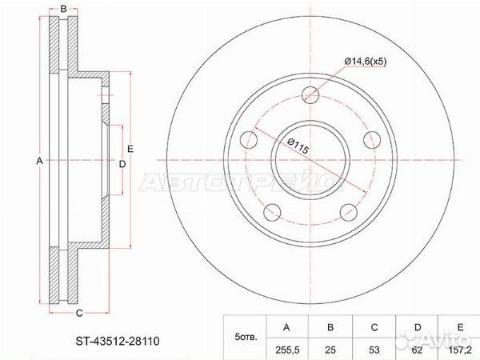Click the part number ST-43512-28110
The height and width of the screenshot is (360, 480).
[118, 341]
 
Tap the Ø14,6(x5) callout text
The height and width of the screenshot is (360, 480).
[366, 62]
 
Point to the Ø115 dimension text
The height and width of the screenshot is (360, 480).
[298, 146]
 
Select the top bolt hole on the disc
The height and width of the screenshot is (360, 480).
[310, 94]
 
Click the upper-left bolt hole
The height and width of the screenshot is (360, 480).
[249, 140]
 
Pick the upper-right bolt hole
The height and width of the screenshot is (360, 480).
[372, 140]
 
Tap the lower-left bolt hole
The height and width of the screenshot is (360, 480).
[273, 212]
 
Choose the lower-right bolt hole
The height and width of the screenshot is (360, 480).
[349, 212]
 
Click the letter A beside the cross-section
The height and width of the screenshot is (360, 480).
[39, 161]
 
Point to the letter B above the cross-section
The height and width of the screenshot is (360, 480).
[63, 9]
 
